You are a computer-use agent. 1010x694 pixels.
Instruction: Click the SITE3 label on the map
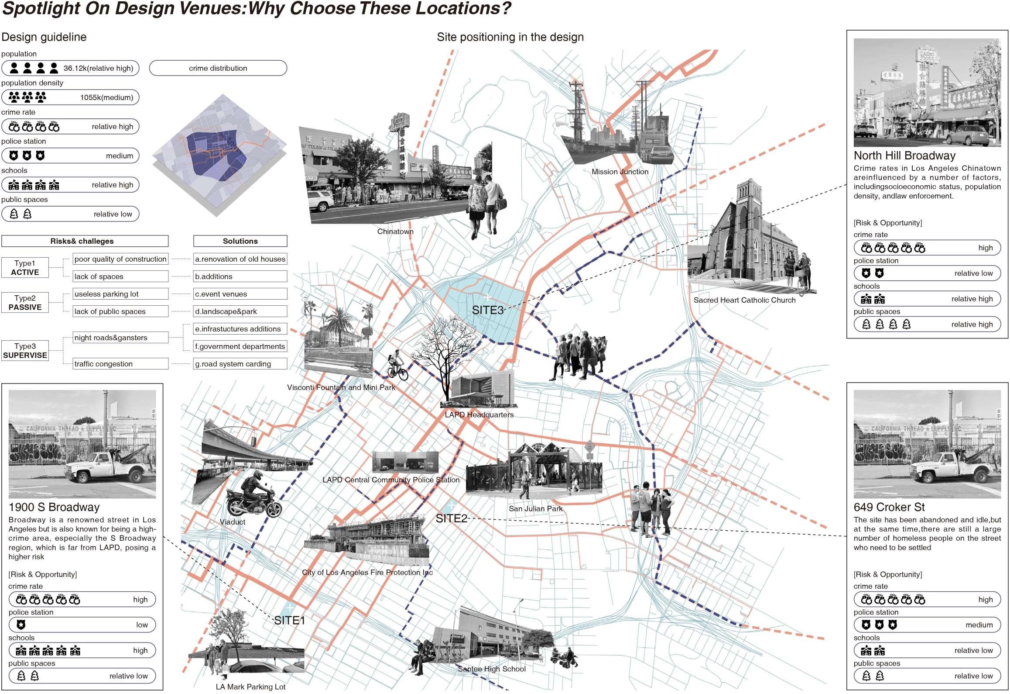pyautogui.click(x=487, y=310)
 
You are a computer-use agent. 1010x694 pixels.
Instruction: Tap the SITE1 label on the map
pyautogui.click(x=289, y=620)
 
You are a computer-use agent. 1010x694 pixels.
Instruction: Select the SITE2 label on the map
pyautogui.click(x=451, y=518)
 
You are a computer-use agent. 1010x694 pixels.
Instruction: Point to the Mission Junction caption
pyautogui.click(x=620, y=172)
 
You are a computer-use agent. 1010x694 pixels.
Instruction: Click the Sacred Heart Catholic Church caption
pyautogui.click(x=744, y=300)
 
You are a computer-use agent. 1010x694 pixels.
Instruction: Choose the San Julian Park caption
pyautogui.click(x=535, y=508)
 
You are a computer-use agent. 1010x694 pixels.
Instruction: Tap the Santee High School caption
pyautogui.click(x=491, y=669)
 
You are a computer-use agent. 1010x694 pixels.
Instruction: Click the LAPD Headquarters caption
pyautogui.click(x=479, y=414)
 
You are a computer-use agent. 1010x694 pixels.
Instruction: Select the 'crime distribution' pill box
pyautogui.click(x=218, y=68)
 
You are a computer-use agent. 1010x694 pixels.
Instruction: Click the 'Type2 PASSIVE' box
pyautogui.click(x=25, y=303)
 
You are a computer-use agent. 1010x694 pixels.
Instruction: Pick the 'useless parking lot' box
pyautogui.click(x=120, y=294)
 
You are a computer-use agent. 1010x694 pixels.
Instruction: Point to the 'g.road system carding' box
pyautogui.click(x=240, y=364)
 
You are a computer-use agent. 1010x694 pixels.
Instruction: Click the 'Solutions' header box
pyautogui.click(x=240, y=241)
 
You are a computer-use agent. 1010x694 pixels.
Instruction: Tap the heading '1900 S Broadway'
pyautogui.click(x=54, y=507)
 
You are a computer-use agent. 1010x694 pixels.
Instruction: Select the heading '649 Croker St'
pyautogui.click(x=889, y=507)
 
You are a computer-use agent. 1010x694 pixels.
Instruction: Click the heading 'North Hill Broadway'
pyautogui.click(x=904, y=155)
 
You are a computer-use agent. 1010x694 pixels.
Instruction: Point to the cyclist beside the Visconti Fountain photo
pyautogui.click(x=397, y=365)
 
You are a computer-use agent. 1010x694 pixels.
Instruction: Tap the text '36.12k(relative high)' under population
pyautogui.click(x=98, y=68)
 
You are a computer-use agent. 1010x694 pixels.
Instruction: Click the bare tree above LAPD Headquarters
pyautogui.click(x=445, y=349)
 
